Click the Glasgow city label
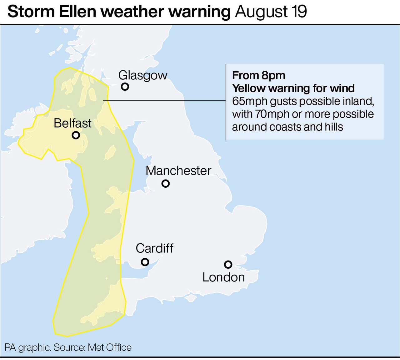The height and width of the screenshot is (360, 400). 143,75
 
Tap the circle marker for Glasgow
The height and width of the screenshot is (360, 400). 125,87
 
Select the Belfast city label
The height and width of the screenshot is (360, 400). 72,123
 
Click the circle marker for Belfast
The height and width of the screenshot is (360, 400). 76,135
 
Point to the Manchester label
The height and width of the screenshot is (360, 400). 178,171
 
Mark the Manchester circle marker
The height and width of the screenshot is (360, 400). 166,183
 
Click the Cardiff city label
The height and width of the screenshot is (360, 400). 154,248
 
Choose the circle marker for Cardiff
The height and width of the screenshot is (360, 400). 145,262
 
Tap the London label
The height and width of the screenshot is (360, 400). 223,277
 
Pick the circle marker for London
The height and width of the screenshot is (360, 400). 228,265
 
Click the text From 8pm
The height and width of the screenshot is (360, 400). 259,75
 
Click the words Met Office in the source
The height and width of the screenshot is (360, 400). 110,347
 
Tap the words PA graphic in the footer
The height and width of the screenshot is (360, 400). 27,347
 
